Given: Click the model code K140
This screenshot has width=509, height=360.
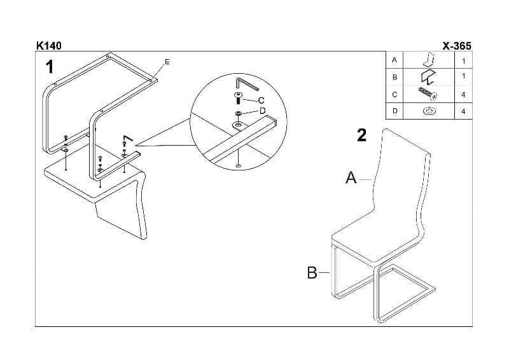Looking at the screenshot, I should (x=48, y=46).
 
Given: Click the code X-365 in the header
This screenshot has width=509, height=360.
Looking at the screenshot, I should (x=456, y=46).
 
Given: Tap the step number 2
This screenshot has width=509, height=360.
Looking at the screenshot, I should (x=361, y=135).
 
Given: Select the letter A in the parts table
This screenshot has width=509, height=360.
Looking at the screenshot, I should (x=395, y=60).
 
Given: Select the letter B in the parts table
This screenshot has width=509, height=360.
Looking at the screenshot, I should (x=395, y=78).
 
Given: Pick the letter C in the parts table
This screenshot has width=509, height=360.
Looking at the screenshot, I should (x=395, y=95).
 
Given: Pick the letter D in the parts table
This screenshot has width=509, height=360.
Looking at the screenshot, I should (x=395, y=111).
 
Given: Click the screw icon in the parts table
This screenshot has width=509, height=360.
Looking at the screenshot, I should (x=428, y=95).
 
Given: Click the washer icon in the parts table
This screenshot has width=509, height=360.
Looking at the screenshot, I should (x=429, y=112).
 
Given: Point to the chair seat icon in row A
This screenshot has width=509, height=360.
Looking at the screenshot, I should (x=429, y=60).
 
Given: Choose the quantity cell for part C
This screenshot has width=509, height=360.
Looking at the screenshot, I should (x=463, y=95).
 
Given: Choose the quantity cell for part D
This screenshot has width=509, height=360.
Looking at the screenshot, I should (x=463, y=111).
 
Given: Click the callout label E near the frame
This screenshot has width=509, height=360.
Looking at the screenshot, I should (x=167, y=62).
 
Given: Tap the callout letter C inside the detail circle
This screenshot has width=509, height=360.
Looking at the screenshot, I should (x=261, y=100).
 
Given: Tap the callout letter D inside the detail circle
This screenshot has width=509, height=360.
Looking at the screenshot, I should (x=261, y=111).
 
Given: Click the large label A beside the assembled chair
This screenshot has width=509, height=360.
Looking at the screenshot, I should (x=351, y=179).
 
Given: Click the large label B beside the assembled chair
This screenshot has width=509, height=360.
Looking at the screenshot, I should (x=312, y=273).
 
